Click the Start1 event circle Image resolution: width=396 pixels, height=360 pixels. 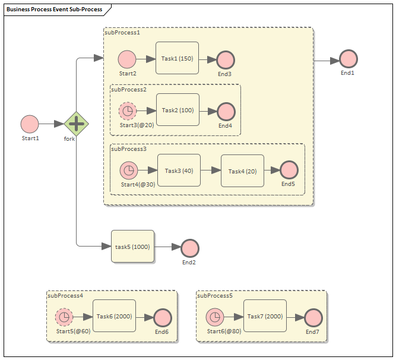pyautogui.click(x=30, y=124)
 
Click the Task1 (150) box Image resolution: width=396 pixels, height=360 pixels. pyautogui.click(x=177, y=58)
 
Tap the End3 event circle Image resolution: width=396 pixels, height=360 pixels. pyautogui.click(x=225, y=59)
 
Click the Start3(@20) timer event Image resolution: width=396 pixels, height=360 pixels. pyautogui.click(x=127, y=111)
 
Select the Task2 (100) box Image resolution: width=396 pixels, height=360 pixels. pyautogui.click(x=178, y=110)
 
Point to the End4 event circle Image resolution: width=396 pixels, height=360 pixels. pyautogui.click(x=226, y=112)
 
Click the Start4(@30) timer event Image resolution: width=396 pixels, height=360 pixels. pyautogui.click(x=129, y=170)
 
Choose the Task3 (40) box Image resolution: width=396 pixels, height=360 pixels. pyautogui.click(x=179, y=170)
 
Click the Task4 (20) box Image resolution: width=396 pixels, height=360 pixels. pyautogui.click(x=242, y=170)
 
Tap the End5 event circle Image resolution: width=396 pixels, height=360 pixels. pyautogui.click(x=289, y=170)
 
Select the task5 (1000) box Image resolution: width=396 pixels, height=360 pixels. pyautogui.click(x=132, y=246)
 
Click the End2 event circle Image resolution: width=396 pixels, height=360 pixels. pyautogui.click(x=189, y=248)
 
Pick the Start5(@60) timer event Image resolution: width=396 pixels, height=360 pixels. pyautogui.click(x=64, y=317)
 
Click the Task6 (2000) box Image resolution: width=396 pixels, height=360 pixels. pyautogui.click(x=114, y=317)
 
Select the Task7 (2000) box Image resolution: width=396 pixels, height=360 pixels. pyautogui.click(x=265, y=317)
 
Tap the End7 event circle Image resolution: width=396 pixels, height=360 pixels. pyautogui.click(x=313, y=318)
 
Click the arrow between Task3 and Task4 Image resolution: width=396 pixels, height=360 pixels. pyautogui.click(x=210, y=170)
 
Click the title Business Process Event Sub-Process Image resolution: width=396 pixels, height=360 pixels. pyautogui.click(x=54, y=10)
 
